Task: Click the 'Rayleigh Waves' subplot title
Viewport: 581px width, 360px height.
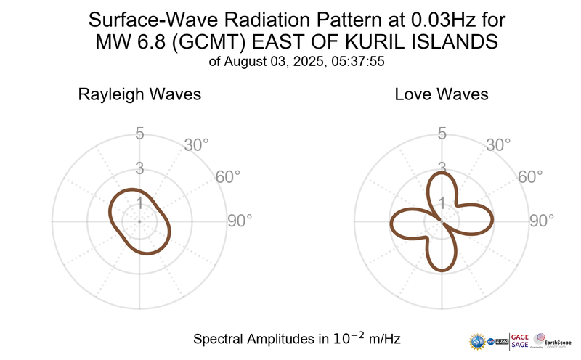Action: pos(139,95)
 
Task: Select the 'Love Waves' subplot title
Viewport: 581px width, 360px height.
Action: pos(441,95)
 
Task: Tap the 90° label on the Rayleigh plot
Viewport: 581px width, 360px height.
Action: pos(240,221)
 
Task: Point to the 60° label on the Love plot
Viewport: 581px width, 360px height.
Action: pos(530,177)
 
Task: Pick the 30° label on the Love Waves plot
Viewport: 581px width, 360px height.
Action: pos(498,145)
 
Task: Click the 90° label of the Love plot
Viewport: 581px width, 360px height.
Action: pos(542,221)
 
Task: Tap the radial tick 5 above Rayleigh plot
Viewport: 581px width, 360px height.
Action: pos(139,134)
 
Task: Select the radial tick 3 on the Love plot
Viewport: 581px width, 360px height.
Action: pos(441,168)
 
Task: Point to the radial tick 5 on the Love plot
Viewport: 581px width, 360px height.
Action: pos(441,134)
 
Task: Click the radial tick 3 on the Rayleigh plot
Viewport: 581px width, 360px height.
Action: pos(139,168)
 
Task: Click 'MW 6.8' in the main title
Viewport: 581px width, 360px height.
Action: pos(128,42)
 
